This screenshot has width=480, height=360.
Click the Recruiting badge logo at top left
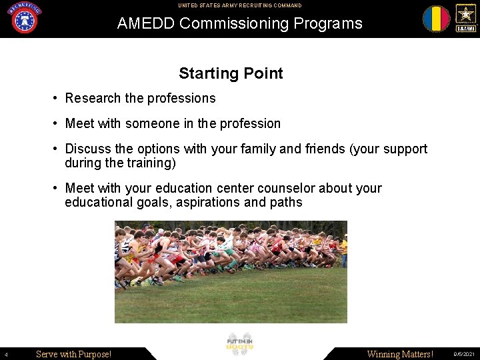point(25,18)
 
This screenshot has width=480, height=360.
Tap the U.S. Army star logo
point(465,18)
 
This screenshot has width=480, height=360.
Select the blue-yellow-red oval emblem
point(436,19)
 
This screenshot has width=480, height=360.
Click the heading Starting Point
point(231,73)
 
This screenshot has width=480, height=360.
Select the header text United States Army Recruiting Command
point(239,5)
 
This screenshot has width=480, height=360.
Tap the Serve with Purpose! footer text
point(73,354)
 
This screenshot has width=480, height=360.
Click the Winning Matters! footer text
point(400,354)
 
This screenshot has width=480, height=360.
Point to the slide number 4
point(5,355)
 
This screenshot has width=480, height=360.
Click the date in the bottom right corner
point(464,355)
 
